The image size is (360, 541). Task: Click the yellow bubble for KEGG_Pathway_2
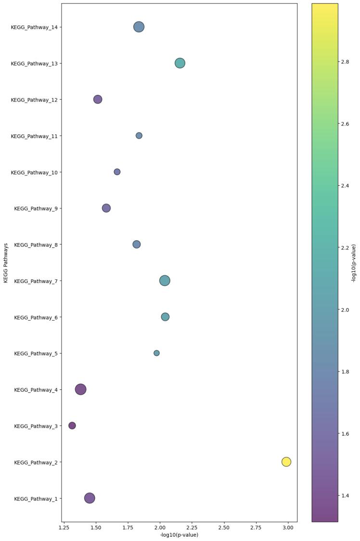(x=286, y=462)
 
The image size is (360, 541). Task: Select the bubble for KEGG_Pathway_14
(x=139, y=27)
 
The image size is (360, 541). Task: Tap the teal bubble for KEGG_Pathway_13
(x=180, y=63)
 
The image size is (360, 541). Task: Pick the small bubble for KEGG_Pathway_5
(x=156, y=353)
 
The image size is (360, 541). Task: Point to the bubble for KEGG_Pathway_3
(x=72, y=425)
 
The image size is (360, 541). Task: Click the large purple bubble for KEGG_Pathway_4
(x=81, y=389)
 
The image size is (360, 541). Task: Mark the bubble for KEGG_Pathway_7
(x=165, y=281)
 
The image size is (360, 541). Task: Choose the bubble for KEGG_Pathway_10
(x=117, y=172)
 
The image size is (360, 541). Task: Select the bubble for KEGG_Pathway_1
(x=90, y=498)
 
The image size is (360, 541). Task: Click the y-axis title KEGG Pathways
(x=6, y=262)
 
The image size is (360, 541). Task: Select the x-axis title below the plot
(x=179, y=535)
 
